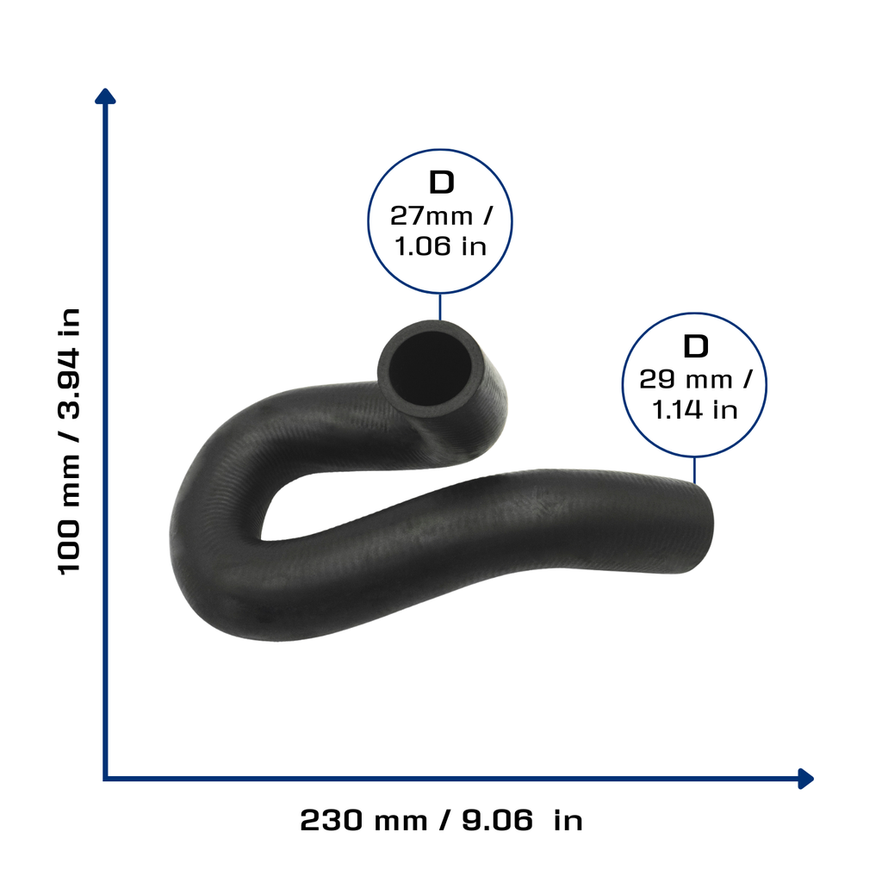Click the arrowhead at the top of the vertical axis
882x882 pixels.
point(105,96)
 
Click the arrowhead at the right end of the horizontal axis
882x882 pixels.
point(806,779)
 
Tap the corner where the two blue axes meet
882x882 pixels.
point(105,779)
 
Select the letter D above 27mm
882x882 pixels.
point(441,183)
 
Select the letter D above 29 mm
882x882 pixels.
point(695,346)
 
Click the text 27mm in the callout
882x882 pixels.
point(432,216)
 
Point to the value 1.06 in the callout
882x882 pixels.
point(422,246)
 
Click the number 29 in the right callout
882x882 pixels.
point(657,380)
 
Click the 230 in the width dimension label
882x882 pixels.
point(332,820)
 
